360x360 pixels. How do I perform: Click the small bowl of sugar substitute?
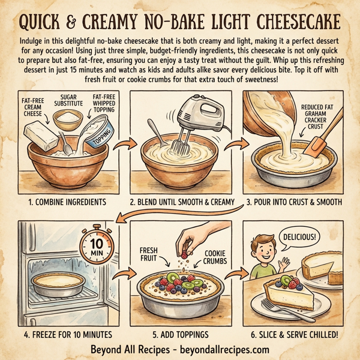pos(69,119)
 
